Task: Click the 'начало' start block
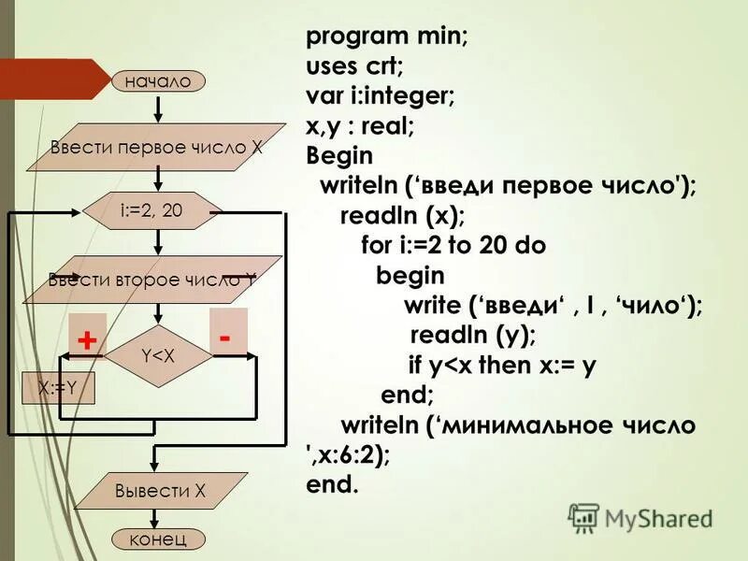click(x=157, y=81)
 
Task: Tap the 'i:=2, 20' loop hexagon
click(x=152, y=211)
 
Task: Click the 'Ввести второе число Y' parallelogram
click(x=152, y=279)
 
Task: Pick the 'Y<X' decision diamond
click(x=158, y=356)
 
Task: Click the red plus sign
click(x=87, y=341)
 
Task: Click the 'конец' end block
click(x=158, y=539)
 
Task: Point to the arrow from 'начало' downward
click(x=158, y=107)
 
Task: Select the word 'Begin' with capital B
click(x=338, y=154)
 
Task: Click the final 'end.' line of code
click(x=331, y=485)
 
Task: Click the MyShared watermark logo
click(x=640, y=517)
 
